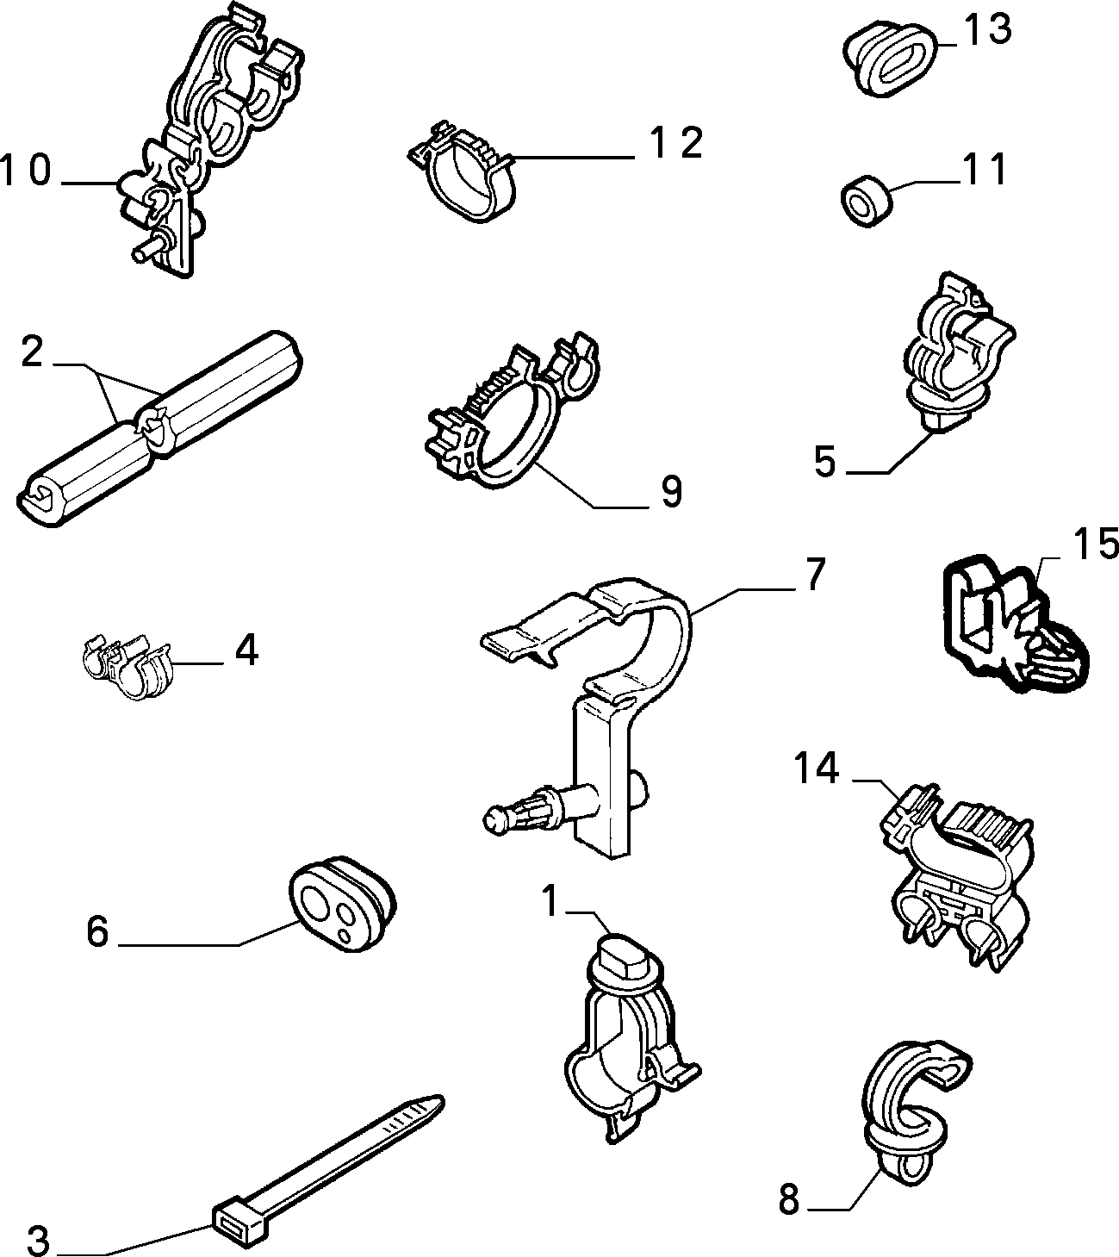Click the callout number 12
(x=676, y=143)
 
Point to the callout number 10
(x=26, y=171)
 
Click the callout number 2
(x=32, y=352)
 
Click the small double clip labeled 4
(x=127, y=666)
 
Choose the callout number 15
(x=1096, y=543)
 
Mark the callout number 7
(x=814, y=574)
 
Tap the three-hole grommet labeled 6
(x=342, y=908)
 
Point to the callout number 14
(x=817, y=769)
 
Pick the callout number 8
(x=789, y=1200)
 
